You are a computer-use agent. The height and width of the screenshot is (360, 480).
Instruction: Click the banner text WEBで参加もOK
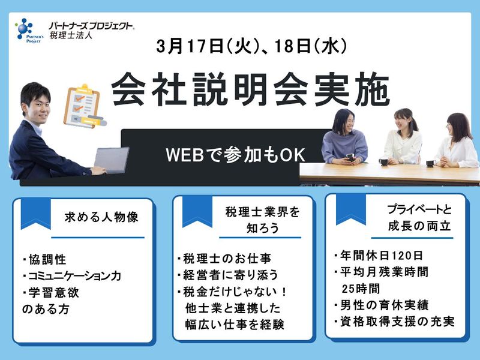click(x=236, y=154)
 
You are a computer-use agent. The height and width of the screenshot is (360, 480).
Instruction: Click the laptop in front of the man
click(x=112, y=160)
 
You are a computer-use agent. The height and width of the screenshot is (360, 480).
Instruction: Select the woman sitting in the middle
click(x=403, y=139)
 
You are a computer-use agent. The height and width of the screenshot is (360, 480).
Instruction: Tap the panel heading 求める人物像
click(x=101, y=217)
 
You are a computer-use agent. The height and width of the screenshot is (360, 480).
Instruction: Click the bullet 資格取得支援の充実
click(x=394, y=322)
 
